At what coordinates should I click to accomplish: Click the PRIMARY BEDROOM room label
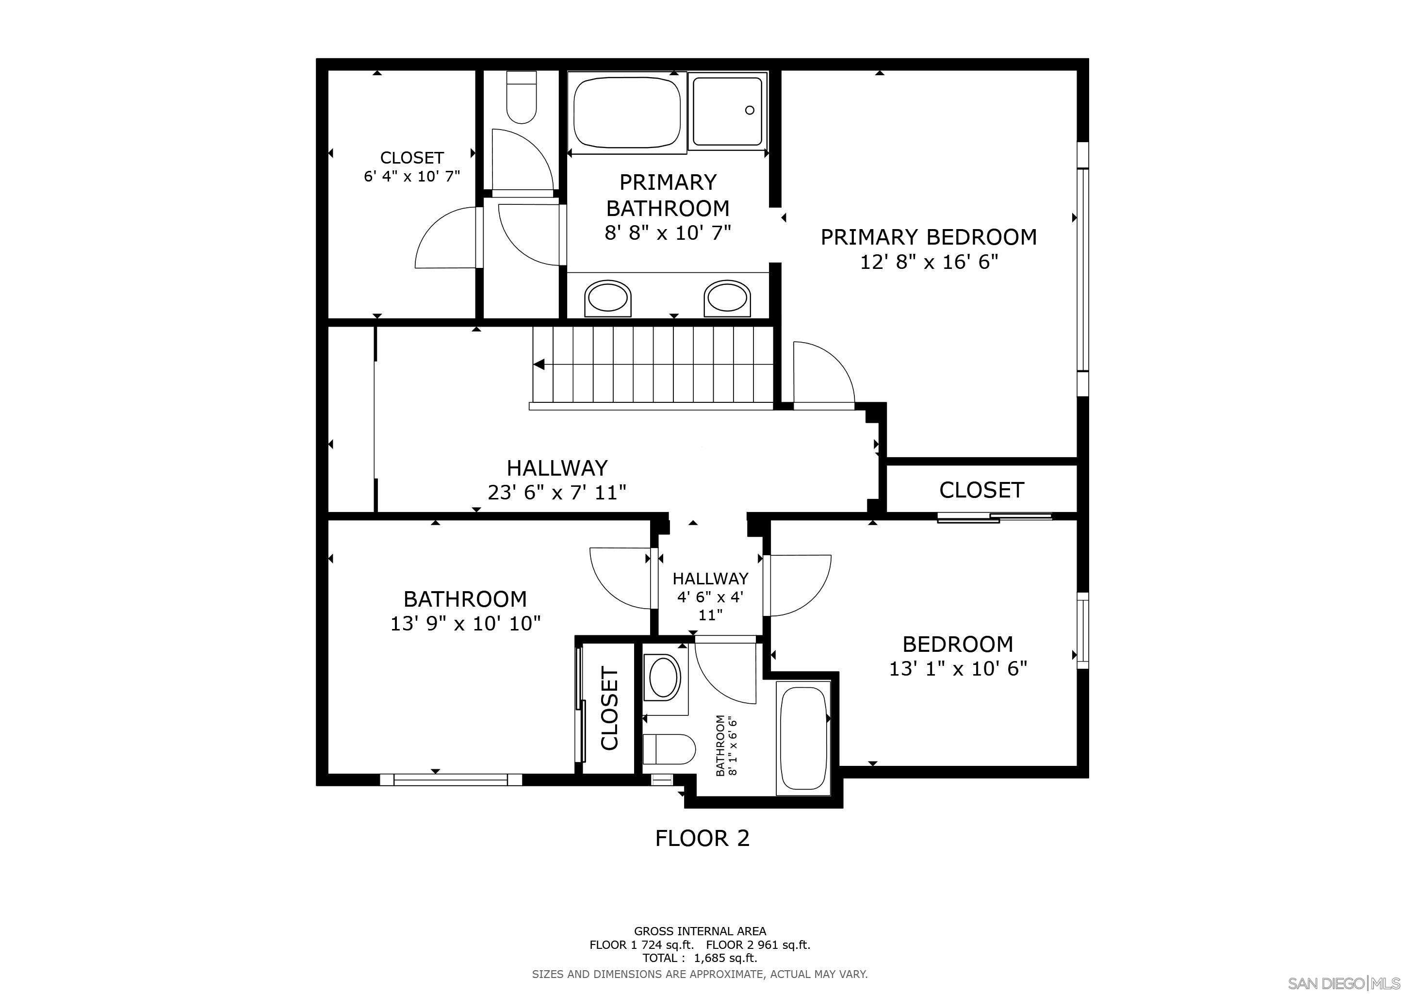coord(928,237)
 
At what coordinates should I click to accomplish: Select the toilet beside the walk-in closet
coord(522,98)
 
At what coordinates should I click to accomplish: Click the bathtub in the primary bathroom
coord(627,111)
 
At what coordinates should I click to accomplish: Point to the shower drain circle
coord(750,110)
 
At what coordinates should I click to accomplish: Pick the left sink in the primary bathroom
coord(607,298)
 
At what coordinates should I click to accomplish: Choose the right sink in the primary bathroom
coord(726,298)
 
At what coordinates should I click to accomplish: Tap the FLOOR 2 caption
coord(702,838)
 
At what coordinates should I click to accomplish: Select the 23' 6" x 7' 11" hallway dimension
coord(557,492)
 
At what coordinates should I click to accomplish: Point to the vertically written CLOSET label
coord(609,709)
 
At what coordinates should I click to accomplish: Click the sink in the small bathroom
coord(664,678)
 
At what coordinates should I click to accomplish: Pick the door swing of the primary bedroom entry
coord(822,373)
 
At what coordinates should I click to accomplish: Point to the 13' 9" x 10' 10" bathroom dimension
coord(465,624)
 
